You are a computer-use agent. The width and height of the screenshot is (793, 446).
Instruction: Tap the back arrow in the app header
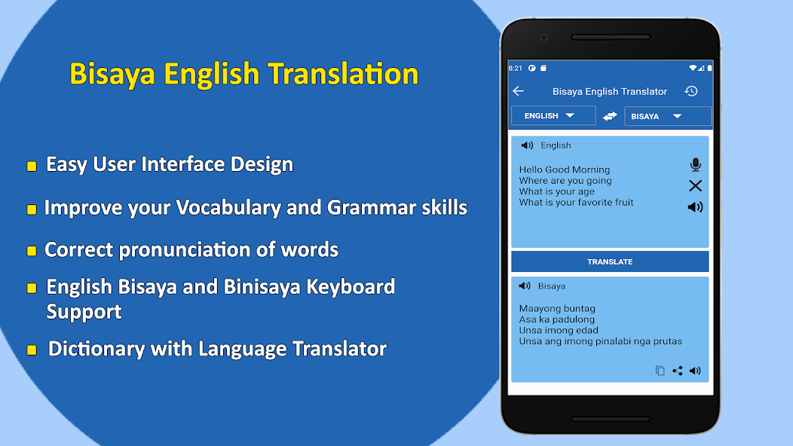coord(518,91)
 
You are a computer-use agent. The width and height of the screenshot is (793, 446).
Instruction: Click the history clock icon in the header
coord(690,91)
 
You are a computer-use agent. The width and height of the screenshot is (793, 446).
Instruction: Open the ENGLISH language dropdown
coord(553,115)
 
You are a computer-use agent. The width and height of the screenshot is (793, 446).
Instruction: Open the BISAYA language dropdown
coord(667,116)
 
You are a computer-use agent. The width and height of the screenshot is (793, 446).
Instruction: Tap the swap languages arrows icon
coord(610,116)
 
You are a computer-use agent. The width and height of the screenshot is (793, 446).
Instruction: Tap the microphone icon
coord(695,165)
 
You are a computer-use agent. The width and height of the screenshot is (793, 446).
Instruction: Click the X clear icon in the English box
coord(695,185)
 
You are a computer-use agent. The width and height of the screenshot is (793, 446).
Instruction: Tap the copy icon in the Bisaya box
coord(660,371)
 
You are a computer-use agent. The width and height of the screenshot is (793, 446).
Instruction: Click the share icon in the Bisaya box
coord(677,371)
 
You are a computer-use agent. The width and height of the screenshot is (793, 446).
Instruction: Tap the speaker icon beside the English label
coord(527,145)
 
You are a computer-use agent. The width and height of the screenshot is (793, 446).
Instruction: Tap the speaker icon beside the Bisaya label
coord(525,286)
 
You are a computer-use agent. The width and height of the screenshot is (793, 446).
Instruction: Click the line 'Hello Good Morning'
coord(565,170)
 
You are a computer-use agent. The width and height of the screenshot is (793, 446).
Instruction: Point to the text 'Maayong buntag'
coord(557,308)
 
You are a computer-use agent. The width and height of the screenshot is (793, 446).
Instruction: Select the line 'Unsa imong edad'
coord(559,330)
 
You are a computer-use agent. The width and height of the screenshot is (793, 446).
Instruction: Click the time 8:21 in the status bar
coord(516,68)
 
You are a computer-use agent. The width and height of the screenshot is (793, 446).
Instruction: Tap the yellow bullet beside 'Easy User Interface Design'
coord(32,166)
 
